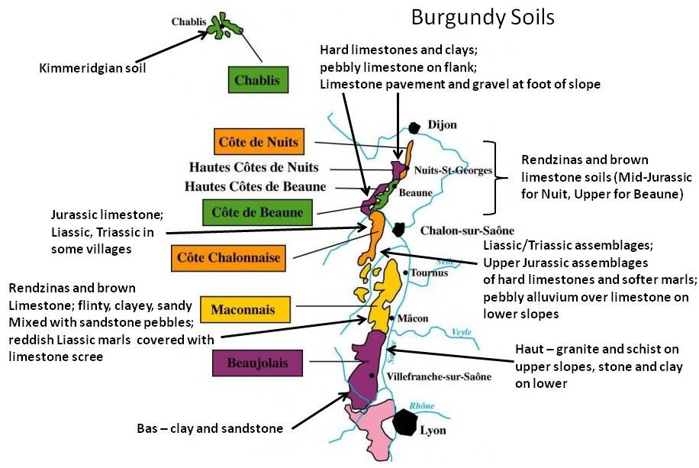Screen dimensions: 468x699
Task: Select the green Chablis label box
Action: tap(257, 79)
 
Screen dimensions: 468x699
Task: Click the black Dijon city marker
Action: tap(415, 128)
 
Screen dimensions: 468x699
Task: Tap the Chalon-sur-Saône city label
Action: tap(456, 230)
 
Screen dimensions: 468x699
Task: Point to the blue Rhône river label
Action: tap(423, 406)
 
